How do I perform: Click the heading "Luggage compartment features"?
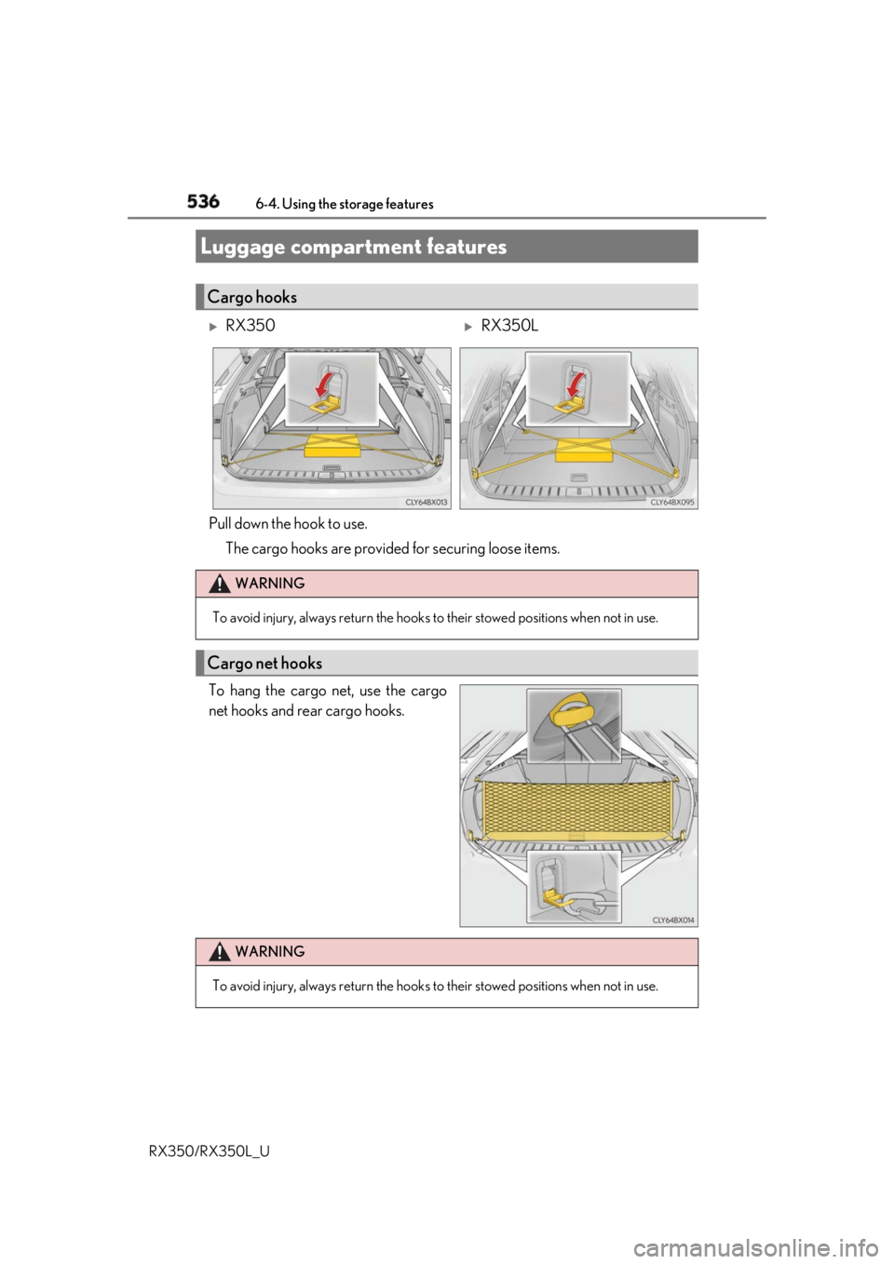coord(353,247)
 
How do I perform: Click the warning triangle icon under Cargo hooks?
coord(218,584)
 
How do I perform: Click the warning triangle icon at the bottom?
coord(218,952)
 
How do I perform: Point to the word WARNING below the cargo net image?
coord(270,952)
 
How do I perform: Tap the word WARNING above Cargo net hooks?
coord(270,584)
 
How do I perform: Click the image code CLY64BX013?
coord(427,502)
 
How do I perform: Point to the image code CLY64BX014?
coord(673,919)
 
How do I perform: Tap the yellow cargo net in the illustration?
coord(575,807)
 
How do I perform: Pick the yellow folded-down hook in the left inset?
coord(332,405)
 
